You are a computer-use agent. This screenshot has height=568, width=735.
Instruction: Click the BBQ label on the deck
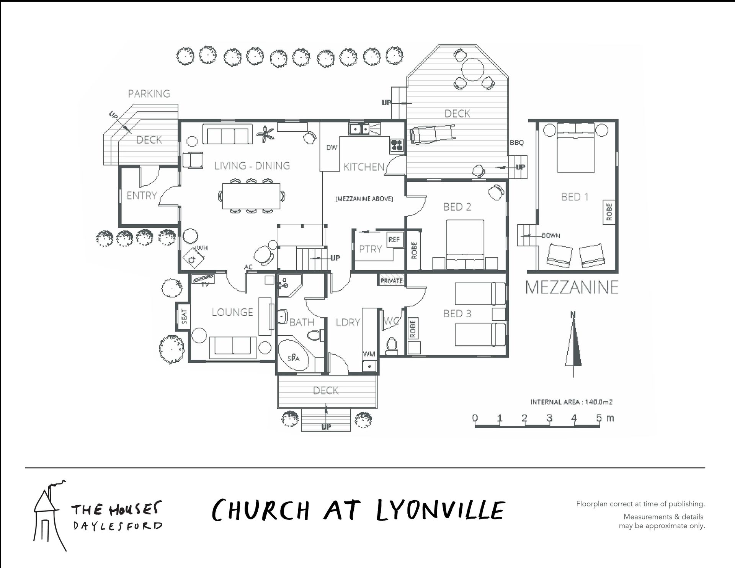coord(516,143)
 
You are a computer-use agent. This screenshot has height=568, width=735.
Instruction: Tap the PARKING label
coord(149,94)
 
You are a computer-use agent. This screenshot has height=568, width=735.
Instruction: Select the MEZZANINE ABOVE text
coord(364,199)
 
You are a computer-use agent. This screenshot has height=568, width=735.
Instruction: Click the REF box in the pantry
coord(394,240)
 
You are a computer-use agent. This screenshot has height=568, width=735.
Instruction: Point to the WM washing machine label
coord(369,354)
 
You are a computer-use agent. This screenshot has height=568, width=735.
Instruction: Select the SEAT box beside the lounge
coord(184,316)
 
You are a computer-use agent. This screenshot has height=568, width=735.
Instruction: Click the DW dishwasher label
coord(332,147)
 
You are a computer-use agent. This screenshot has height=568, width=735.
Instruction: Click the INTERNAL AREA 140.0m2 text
coord(571,402)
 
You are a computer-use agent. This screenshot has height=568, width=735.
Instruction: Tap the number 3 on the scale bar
coord(549,418)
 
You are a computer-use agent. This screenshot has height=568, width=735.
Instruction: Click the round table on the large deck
coord(472,69)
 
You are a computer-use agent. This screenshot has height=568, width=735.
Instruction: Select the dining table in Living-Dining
coord(251,196)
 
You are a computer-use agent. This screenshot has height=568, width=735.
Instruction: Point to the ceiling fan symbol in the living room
coord(265,134)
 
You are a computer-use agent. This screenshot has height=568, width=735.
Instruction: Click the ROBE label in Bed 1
coord(609,212)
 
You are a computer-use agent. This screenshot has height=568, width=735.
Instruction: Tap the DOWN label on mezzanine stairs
coord(550,236)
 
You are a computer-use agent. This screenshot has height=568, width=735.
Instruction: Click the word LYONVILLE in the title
coord(441,510)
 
